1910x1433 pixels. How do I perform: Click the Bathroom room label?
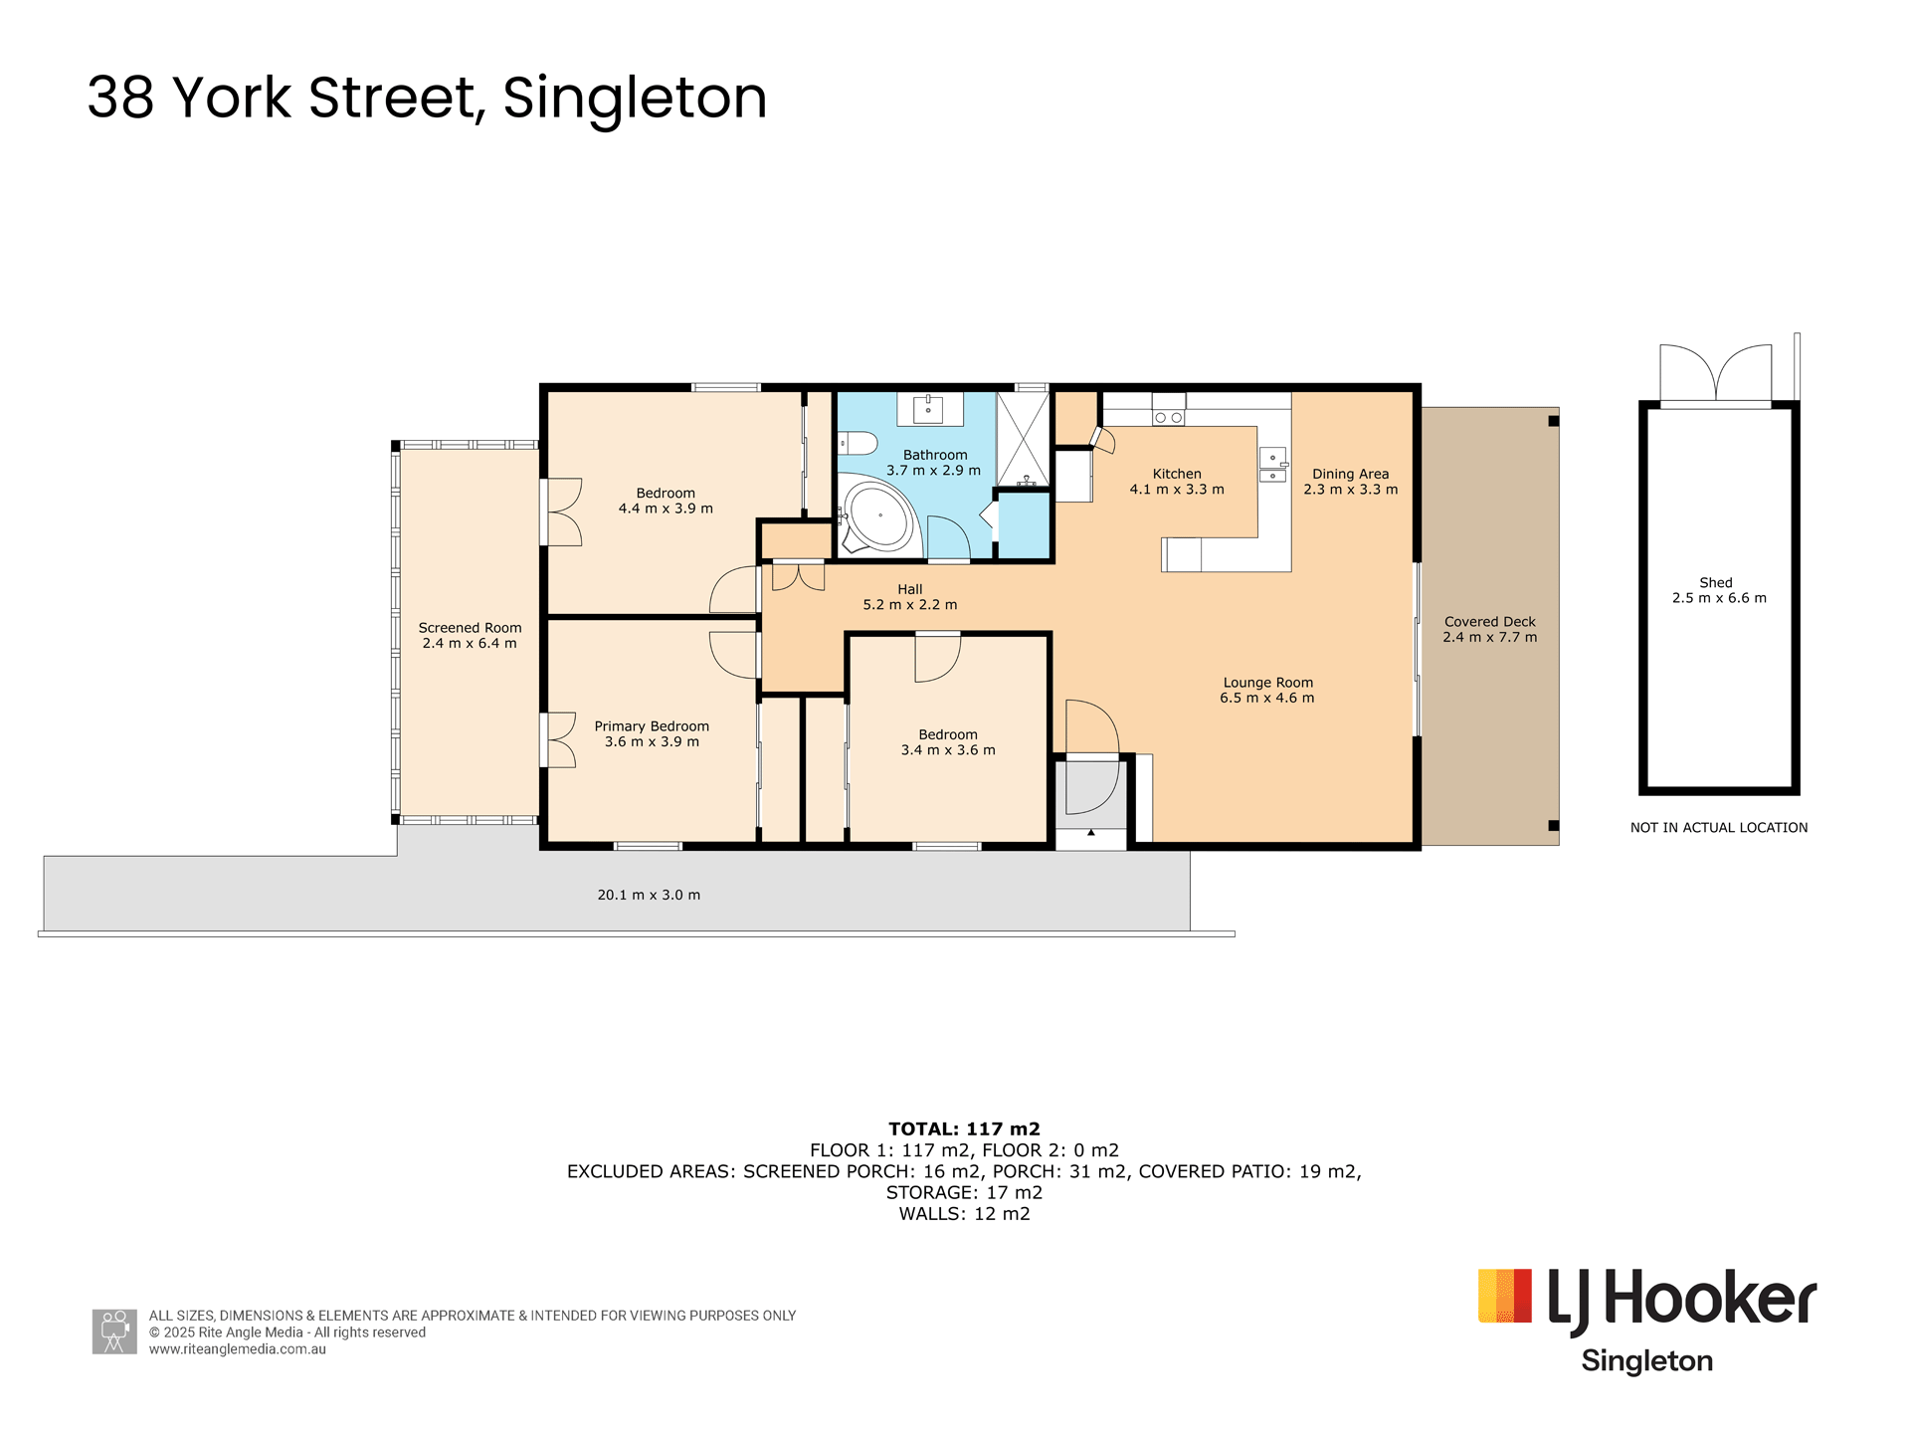(x=935, y=455)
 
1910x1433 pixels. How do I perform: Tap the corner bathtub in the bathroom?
(x=877, y=515)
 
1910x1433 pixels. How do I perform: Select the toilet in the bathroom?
(x=857, y=443)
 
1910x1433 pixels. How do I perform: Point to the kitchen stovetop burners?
(x=1169, y=417)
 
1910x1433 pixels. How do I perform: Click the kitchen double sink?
(x=1272, y=465)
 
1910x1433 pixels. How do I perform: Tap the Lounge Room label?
(x=1267, y=683)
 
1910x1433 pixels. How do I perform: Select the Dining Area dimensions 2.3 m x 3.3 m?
(x=1350, y=490)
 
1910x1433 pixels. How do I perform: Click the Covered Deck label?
(x=1489, y=622)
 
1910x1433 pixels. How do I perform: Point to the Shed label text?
(x=1716, y=583)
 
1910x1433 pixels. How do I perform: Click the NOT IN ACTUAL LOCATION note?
(x=1719, y=828)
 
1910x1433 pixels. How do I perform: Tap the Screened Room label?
(x=470, y=628)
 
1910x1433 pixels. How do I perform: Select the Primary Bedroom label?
(x=652, y=726)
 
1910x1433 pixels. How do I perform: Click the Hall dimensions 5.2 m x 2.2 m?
(x=909, y=605)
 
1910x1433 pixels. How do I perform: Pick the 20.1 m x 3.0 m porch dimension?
(x=649, y=895)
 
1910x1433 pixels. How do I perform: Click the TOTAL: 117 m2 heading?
(x=964, y=1128)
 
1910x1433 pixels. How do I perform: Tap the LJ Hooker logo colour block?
(x=1505, y=1296)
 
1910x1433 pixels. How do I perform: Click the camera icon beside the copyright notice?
(x=114, y=1331)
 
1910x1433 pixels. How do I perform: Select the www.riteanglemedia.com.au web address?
(x=238, y=1349)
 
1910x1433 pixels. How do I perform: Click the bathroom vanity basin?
(x=928, y=409)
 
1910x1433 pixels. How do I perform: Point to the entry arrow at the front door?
(x=1091, y=832)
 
